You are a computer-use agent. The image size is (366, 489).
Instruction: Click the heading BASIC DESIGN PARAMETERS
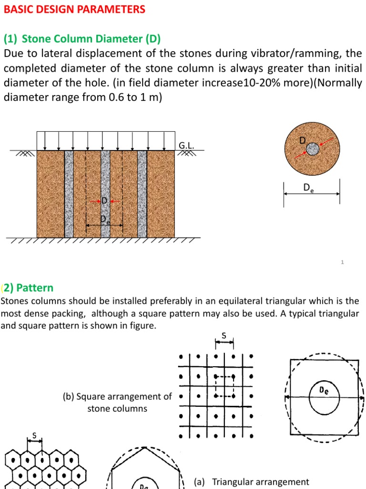[x=75, y=10]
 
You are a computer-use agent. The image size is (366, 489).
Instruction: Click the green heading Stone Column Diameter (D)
[x=91, y=38]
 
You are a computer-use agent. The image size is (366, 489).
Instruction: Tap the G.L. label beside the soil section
[x=186, y=145]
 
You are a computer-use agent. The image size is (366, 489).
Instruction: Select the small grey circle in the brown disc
[x=312, y=149]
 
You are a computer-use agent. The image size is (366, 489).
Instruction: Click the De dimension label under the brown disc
[x=309, y=188]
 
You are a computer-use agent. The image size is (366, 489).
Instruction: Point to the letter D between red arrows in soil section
[x=104, y=201]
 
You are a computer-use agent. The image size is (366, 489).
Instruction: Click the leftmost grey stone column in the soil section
[x=69, y=193]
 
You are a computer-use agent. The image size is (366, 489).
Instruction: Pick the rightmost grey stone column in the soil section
[x=142, y=193]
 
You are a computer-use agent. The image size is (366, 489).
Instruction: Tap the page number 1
[x=343, y=262]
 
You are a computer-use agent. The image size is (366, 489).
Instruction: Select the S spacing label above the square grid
[x=224, y=336]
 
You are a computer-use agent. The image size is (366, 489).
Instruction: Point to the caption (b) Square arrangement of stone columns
[x=117, y=402]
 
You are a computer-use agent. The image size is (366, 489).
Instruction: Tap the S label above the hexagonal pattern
[x=34, y=436]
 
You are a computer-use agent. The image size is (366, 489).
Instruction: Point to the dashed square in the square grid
[x=224, y=386]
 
